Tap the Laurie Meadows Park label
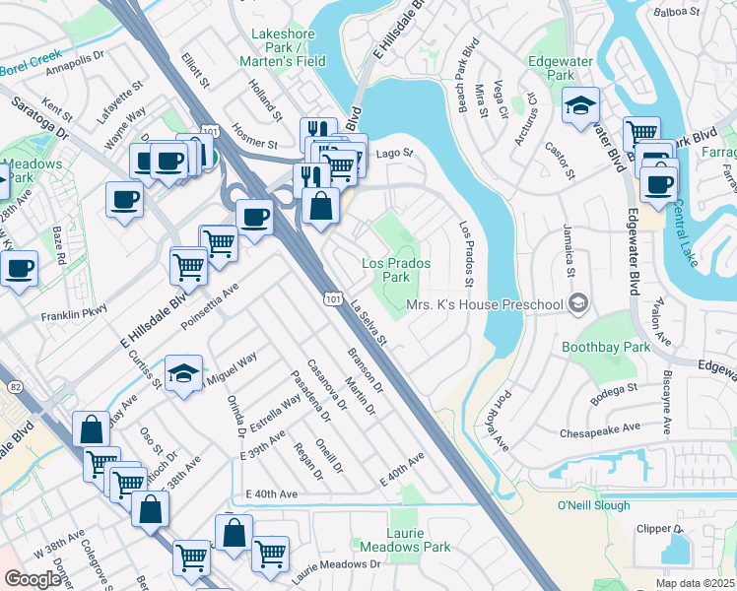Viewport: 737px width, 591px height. point(419,540)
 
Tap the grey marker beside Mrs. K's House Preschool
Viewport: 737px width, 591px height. point(580,303)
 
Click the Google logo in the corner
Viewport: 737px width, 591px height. point(33,578)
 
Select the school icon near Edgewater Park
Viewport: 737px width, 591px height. point(581,105)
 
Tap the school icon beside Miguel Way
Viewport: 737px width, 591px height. point(183,373)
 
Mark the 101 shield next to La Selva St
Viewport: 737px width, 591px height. point(332,296)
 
